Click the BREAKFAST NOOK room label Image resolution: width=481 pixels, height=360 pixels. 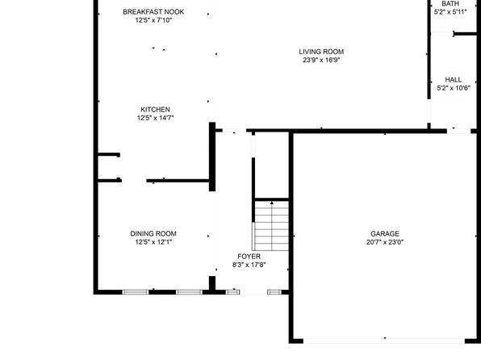tap(153, 11)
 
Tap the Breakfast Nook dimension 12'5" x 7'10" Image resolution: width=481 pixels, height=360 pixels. tap(153, 20)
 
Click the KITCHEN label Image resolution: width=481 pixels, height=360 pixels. tap(155, 109)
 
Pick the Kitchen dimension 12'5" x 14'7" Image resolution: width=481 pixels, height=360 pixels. tap(155, 118)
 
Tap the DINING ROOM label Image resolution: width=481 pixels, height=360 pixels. tap(153, 233)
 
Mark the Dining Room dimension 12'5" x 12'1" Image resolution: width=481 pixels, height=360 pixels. tap(153, 242)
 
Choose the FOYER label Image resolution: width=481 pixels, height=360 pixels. tap(249, 256)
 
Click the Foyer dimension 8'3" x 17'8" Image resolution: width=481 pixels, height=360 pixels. tap(249, 265)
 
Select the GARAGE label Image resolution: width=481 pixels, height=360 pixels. tap(385, 233)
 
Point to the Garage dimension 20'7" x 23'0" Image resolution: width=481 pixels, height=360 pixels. tap(385, 242)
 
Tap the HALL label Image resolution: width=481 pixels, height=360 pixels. tap(454, 79)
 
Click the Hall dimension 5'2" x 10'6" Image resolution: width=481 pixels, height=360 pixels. tap(454, 88)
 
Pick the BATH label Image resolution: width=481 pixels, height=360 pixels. tap(450, 3)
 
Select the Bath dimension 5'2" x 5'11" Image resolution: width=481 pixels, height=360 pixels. tap(450, 12)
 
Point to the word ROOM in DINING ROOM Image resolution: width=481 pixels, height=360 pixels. tap(165, 233)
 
